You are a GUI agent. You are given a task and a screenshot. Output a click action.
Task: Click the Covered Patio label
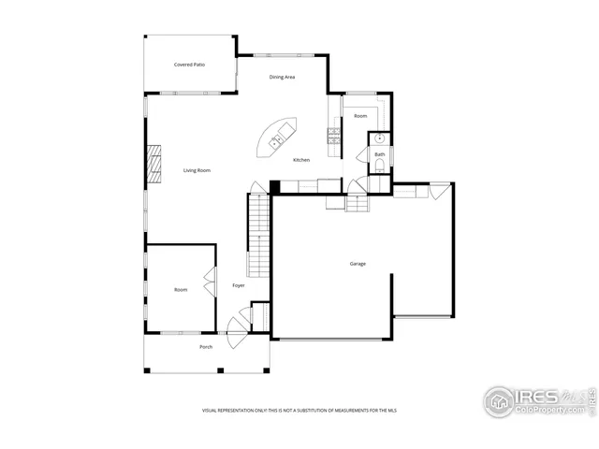(x=189, y=65)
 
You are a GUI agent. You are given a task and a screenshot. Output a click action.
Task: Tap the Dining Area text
(x=282, y=77)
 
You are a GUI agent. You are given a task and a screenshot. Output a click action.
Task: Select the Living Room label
(x=197, y=170)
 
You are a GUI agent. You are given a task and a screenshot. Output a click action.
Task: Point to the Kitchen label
(x=301, y=160)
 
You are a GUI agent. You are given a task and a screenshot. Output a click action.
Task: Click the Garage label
(x=358, y=264)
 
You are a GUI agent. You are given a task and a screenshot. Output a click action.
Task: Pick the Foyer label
(x=239, y=285)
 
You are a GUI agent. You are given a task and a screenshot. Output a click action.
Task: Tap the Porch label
(x=206, y=347)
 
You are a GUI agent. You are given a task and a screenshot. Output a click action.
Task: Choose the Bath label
(x=380, y=153)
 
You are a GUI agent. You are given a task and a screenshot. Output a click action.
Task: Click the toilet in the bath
(x=378, y=167)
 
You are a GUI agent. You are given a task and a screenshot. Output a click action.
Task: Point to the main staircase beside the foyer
(x=258, y=234)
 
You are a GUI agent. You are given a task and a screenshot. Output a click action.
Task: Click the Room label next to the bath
(x=359, y=116)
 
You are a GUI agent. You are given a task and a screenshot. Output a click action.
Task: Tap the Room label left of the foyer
(x=181, y=290)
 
